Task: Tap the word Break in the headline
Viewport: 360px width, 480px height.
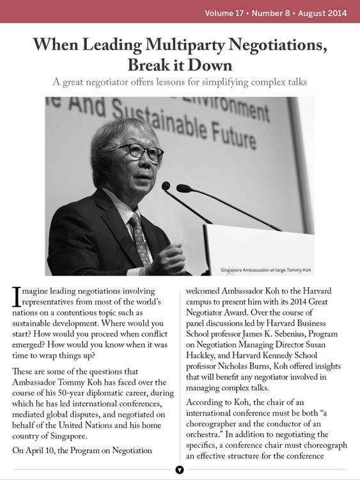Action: tap(152, 65)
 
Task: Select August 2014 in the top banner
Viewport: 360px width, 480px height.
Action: tap(325, 12)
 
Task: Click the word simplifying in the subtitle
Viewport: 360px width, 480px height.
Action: tap(232, 82)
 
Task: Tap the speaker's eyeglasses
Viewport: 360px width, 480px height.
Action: tap(141, 152)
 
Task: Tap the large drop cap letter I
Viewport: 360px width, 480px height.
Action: tap(17, 296)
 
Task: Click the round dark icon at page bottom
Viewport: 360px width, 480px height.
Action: tap(180, 470)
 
